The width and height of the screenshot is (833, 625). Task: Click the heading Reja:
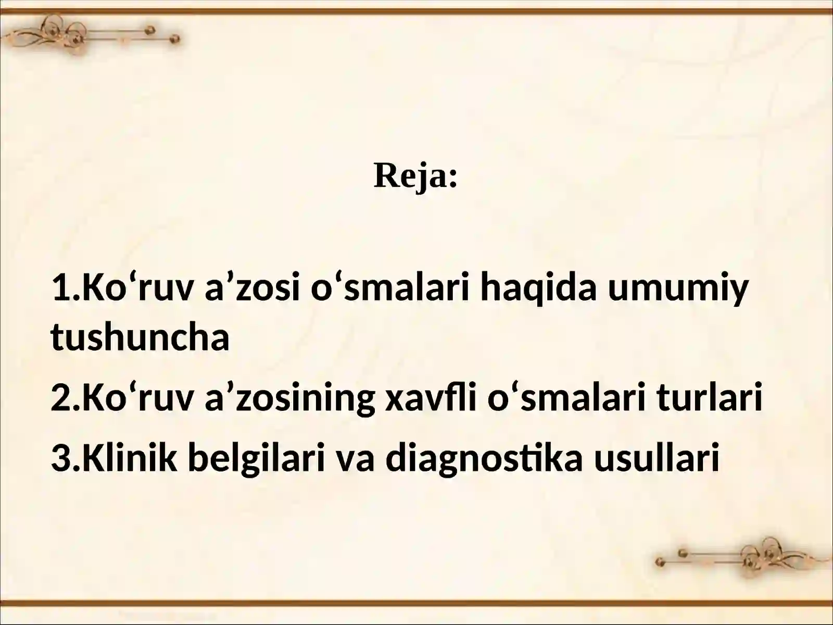pyautogui.click(x=415, y=176)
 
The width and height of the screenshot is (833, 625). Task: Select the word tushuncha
pyautogui.click(x=140, y=337)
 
